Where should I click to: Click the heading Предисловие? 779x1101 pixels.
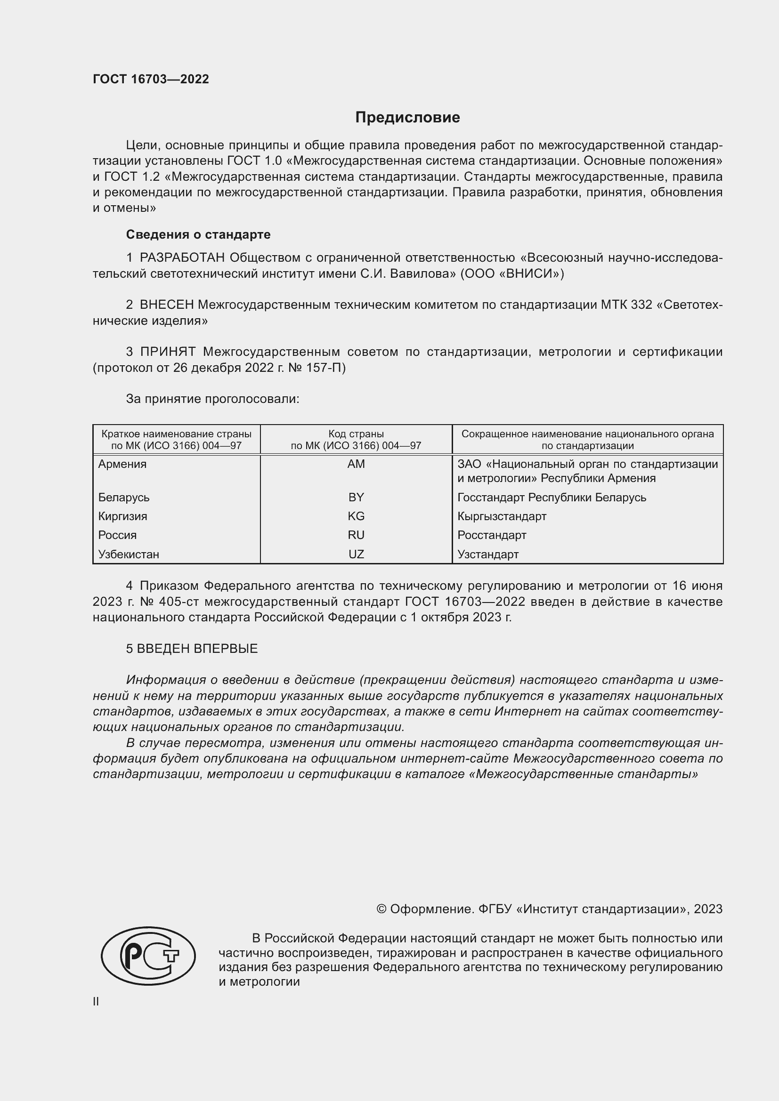tap(407, 118)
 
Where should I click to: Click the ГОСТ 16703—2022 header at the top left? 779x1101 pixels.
tap(151, 79)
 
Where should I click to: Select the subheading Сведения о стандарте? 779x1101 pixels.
tap(198, 234)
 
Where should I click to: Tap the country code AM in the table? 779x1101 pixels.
tap(356, 464)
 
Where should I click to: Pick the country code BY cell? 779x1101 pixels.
tap(356, 497)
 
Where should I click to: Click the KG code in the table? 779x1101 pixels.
tap(356, 516)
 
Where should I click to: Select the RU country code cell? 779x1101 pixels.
tap(356, 535)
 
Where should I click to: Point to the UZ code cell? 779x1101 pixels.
tap(356, 555)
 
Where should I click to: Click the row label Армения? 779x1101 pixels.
tap(122, 464)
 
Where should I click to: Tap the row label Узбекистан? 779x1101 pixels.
tap(129, 555)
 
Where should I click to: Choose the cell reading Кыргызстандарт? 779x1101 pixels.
tap(502, 516)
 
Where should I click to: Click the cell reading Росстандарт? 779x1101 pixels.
tap(492, 535)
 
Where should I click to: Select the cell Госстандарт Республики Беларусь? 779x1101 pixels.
tap(552, 497)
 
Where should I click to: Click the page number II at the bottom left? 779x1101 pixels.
tap(96, 1001)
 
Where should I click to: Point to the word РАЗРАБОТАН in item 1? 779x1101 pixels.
tap(182, 258)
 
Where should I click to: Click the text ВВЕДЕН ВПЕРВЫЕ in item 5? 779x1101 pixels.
tap(197, 649)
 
